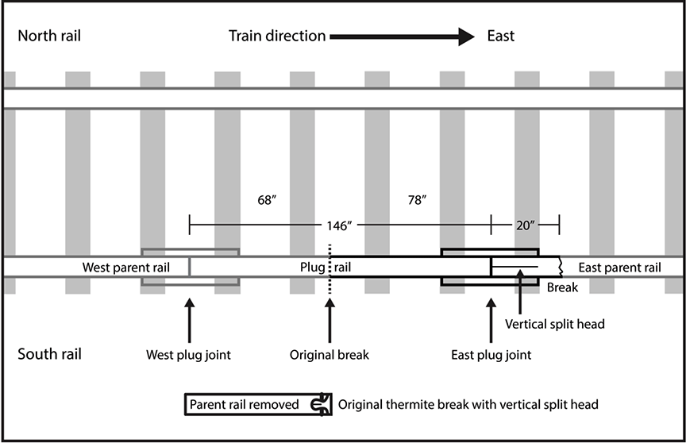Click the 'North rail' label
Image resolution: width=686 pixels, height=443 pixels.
[49, 36]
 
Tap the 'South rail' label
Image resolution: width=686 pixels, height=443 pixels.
[49, 353]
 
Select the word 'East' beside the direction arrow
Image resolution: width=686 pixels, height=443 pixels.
[501, 36]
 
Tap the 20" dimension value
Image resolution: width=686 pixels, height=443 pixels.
[526, 225]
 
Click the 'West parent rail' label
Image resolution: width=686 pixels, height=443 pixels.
[121, 268]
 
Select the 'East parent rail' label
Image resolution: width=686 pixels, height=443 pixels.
[619, 268]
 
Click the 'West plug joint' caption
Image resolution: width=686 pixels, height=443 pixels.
[189, 355]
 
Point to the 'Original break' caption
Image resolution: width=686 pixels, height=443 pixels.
[330, 355]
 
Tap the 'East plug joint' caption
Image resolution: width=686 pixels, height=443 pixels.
[490, 355]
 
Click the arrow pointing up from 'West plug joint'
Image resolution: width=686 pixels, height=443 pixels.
[189, 318]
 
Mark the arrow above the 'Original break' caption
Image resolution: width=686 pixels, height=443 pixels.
[330, 318]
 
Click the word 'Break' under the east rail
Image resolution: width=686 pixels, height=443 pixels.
[561, 289]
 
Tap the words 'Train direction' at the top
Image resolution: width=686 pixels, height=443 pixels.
[277, 36]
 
